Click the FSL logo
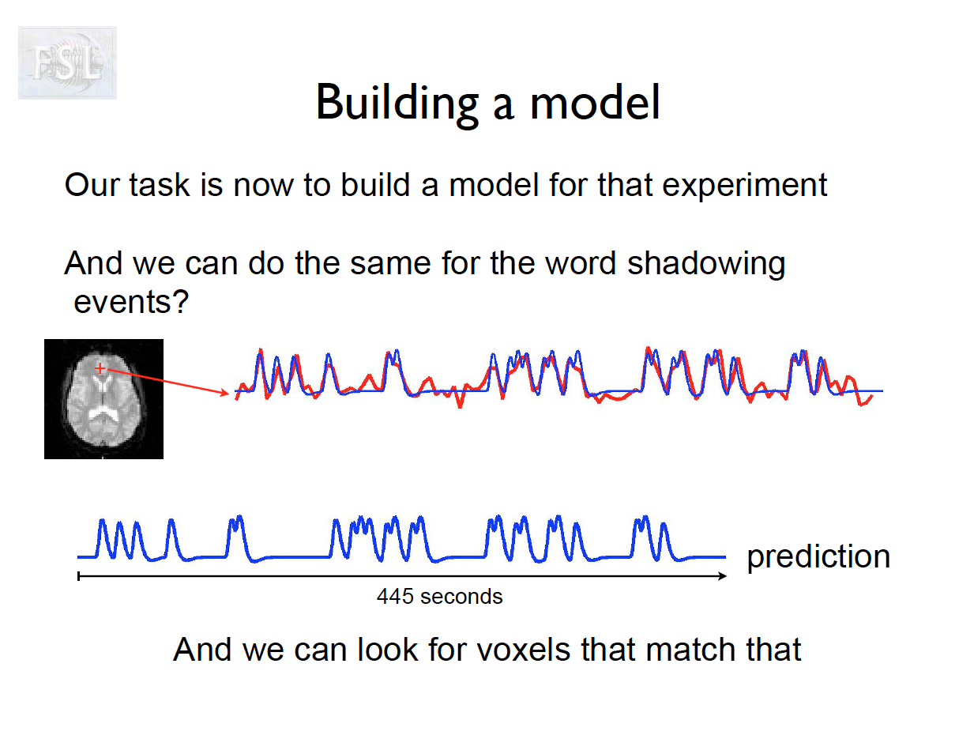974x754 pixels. pyautogui.click(x=67, y=62)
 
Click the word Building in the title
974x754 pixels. pyautogui.click(x=397, y=104)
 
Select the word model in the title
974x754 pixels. pyautogui.click(x=595, y=102)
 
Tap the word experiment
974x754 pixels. pyautogui.click(x=744, y=186)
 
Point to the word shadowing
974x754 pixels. pyautogui.click(x=706, y=264)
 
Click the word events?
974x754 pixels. pyautogui.click(x=131, y=302)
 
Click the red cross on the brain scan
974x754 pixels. pyautogui.click(x=100, y=368)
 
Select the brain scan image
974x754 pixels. pyautogui.click(x=103, y=399)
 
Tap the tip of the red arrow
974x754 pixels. pyautogui.click(x=229, y=394)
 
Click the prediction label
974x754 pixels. pyautogui.click(x=818, y=558)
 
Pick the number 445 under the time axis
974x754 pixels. pyautogui.click(x=395, y=597)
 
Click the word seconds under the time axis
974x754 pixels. pyautogui.click(x=461, y=597)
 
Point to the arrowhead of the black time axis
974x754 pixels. pyautogui.click(x=725, y=576)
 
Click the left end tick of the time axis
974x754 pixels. pyautogui.click(x=79, y=576)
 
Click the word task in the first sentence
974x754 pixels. pyautogui.click(x=160, y=185)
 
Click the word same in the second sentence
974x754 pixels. pyautogui.click(x=390, y=265)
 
